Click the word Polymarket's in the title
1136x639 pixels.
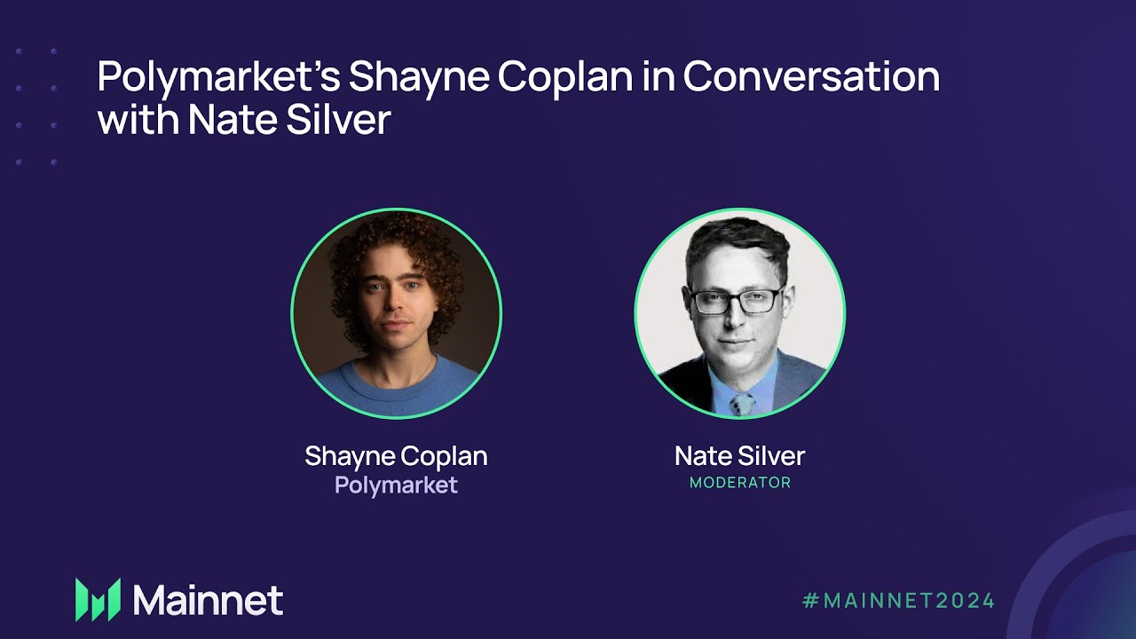pyautogui.click(x=217, y=78)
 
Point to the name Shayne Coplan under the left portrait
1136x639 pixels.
pyautogui.click(x=396, y=456)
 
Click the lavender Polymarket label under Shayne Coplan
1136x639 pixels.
pyautogui.click(x=396, y=485)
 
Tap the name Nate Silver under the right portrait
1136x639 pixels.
pyautogui.click(x=739, y=456)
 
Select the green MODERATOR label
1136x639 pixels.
pyautogui.click(x=739, y=484)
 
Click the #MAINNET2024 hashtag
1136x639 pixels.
pyautogui.click(x=898, y=600)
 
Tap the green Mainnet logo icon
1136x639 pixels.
pyautogui.click(x=98, y=599)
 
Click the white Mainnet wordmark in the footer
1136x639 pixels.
pyautogui.click(x=208, y=600)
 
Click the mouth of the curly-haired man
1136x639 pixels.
pyautogui.click(x=397, y=342)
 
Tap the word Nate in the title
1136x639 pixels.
pyautogui.click(x=230, y=120)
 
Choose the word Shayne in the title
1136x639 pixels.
pyautogui.click(x=417, y=78)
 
